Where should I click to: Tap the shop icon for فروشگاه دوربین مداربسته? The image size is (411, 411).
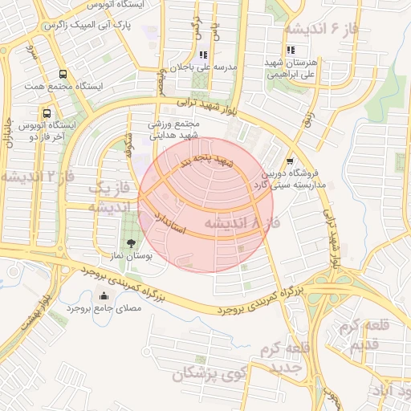click(x=289, y=161)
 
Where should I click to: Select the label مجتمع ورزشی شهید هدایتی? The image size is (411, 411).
click(x=172, y=132)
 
